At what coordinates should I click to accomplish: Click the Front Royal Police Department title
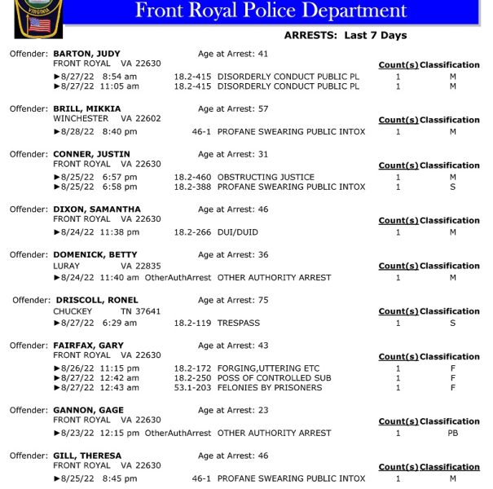tap(271, 11)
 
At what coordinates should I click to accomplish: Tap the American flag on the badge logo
tap(38, 24)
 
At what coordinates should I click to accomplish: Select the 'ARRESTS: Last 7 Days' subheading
tap(345, 36)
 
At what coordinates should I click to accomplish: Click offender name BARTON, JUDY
tap(86, 54)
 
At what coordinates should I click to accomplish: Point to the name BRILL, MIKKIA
tap(86, 108)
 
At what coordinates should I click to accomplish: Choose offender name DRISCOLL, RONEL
tap(97, 300)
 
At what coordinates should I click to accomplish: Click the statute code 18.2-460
tap(192, 177)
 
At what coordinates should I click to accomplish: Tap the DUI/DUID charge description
tap(237, 232)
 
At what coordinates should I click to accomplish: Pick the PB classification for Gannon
tap(452, 433)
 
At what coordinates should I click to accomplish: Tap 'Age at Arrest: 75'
tap(233, 300)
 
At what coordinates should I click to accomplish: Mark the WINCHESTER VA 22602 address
tap(107, 119)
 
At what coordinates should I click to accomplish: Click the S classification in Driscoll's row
tap(452, 323)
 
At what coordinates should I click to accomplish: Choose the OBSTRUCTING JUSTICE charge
tap(266, 177)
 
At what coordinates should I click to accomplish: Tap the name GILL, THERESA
tap(87, 456)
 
